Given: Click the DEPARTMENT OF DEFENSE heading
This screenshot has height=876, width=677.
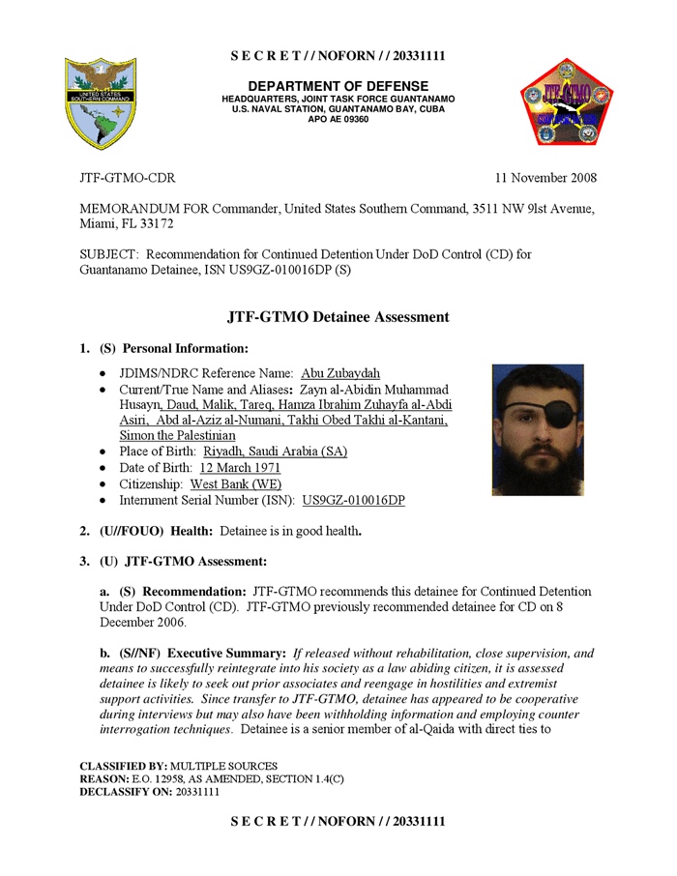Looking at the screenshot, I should click(x=338, y=87).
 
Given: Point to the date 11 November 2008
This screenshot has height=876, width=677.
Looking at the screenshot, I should click(x=545, y=178).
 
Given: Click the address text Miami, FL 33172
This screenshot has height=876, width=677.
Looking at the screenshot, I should click(x=123, y=222).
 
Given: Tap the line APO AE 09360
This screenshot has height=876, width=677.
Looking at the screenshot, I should click(x=338, y=119).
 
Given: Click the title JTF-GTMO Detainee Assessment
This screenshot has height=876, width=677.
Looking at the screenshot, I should click(x=338, y=316).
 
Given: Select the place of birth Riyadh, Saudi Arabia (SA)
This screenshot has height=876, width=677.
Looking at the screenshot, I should click(x=276, y=452).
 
